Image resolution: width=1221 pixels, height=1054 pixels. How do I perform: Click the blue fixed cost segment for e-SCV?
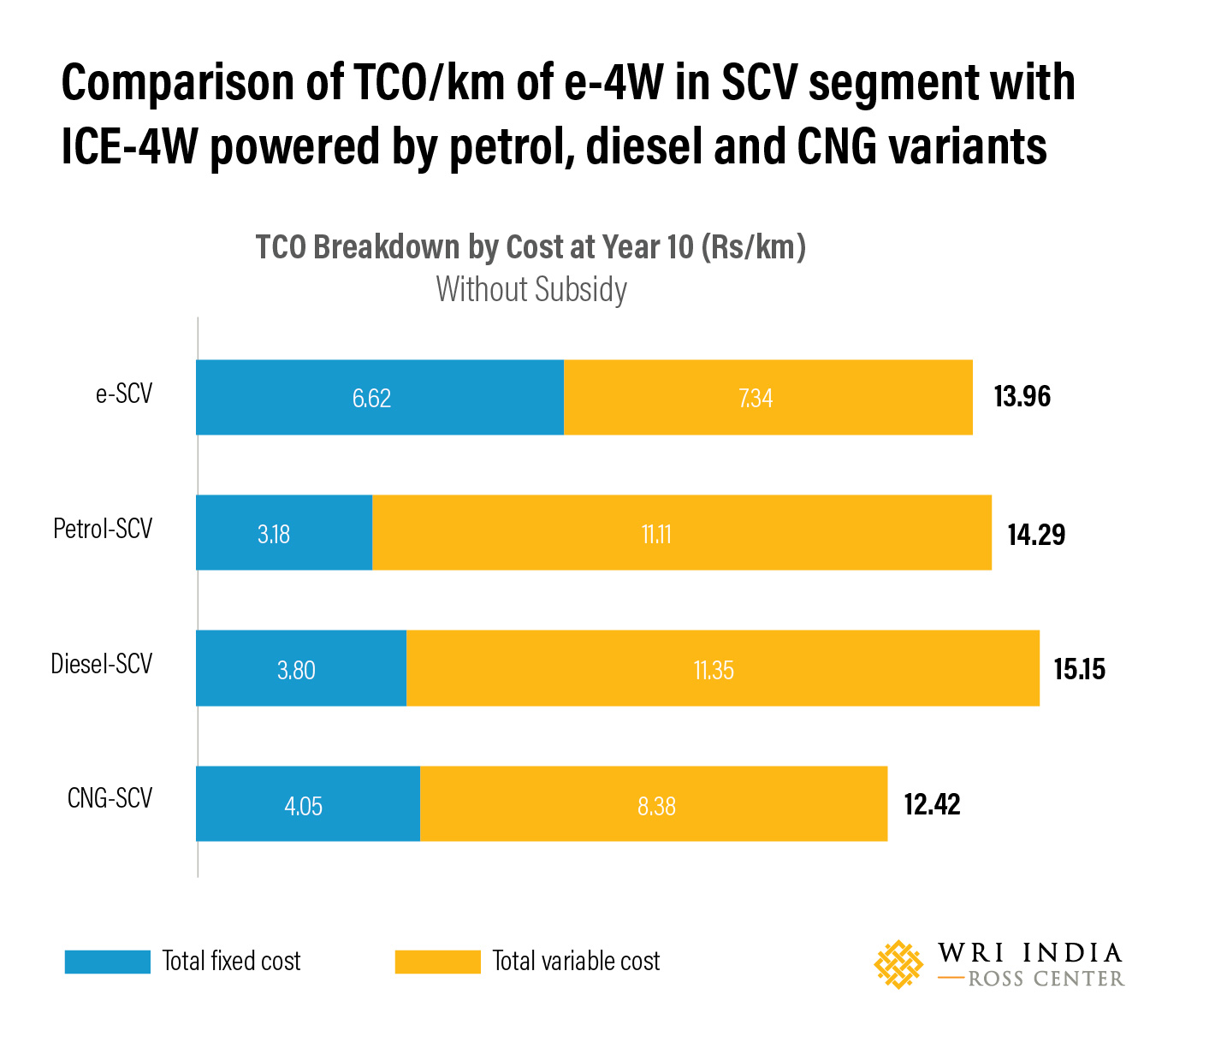tap(379, 398)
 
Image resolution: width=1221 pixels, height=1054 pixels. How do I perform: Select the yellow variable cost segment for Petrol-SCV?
tap(682, 533)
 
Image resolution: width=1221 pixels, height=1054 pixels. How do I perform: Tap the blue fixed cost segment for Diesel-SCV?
tap(301, 668)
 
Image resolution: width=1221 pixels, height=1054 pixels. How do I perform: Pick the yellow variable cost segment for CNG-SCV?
tap(654, 804)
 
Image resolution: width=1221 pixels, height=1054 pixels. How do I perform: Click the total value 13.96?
tap(1022, 397)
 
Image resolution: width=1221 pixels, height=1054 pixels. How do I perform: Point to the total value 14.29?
tap(1036, 535)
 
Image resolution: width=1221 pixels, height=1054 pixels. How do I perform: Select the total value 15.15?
tap(1079, 669)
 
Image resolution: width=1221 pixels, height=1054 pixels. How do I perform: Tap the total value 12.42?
tap(932, 805)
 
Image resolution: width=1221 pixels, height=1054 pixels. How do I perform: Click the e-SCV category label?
tap(124, 394)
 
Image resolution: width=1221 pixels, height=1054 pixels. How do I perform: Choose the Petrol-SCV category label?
tap(103, 529)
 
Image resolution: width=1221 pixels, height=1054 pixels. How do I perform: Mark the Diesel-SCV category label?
tap(101, 664)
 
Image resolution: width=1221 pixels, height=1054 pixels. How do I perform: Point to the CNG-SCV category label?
tap(110, 798)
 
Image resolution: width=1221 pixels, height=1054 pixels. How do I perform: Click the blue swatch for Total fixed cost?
tap(108, 962)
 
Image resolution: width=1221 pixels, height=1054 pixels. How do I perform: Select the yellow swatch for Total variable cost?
tap(437, 962)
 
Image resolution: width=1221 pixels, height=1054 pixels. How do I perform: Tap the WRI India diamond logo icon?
tap(898, 964)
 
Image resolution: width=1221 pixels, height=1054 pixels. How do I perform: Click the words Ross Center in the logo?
tap(1046, 979)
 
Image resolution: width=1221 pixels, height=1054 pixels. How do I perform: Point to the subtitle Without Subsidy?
tap(531, 289)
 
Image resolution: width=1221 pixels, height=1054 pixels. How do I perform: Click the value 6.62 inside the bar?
tap(371, 399)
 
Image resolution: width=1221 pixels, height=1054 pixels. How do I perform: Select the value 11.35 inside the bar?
tap(714, 670)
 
